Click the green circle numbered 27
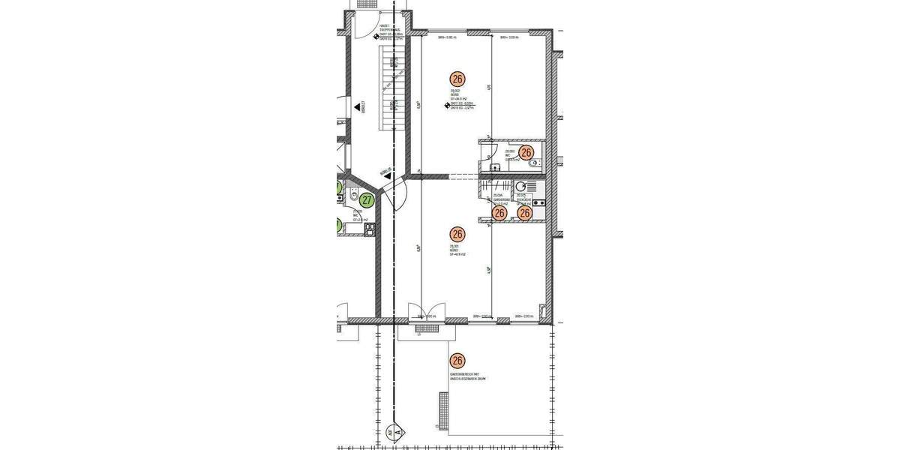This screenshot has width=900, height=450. (x=367, y=200)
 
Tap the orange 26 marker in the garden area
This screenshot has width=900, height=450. (x=457, y=361)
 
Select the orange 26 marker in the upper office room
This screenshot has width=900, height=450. (x=457, y=78)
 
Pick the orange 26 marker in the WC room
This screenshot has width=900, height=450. (x=526, y=152)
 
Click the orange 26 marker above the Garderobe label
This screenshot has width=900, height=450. (x=499, y=213)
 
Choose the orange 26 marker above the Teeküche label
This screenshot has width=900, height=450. (x=525, y=213)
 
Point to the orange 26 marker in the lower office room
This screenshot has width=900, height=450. (x=457, y=234)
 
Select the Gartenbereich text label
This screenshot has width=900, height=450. (x=468, y=376)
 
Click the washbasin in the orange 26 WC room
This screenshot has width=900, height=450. (x=493, y=166)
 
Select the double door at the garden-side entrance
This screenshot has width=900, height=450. (x=425, y=313)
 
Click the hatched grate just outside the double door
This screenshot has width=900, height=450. (x=425, y=328)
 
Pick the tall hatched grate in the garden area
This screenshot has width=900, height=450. (x=443, y=410)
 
